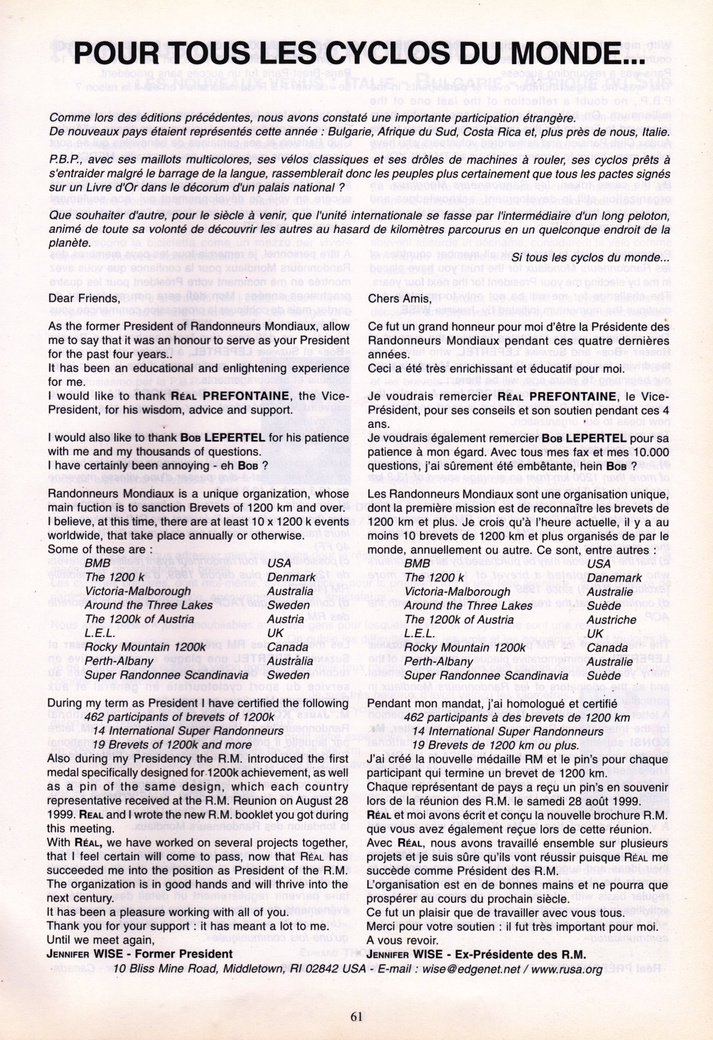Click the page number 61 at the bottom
(356, 1015)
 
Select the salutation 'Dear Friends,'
(84, 298)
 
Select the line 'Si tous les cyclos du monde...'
(590, 257)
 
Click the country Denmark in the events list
(291, 577)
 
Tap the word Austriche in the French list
(611, 619)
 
